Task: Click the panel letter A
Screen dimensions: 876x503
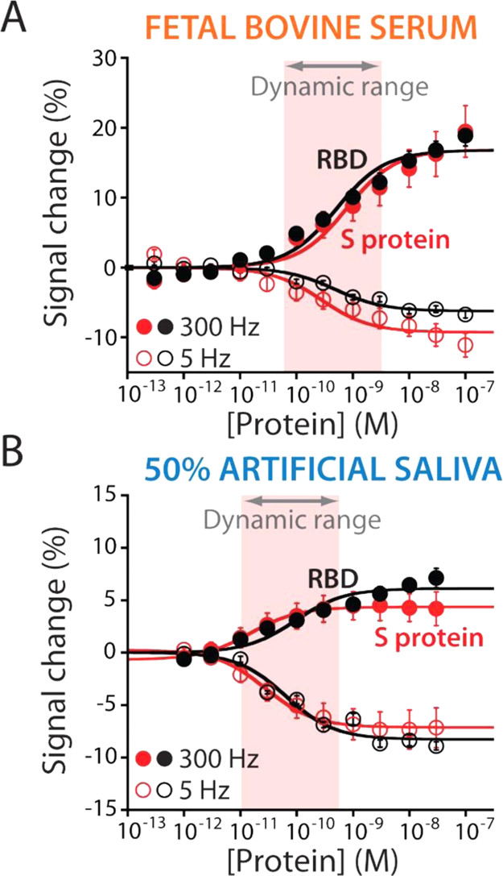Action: pos(16,19)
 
